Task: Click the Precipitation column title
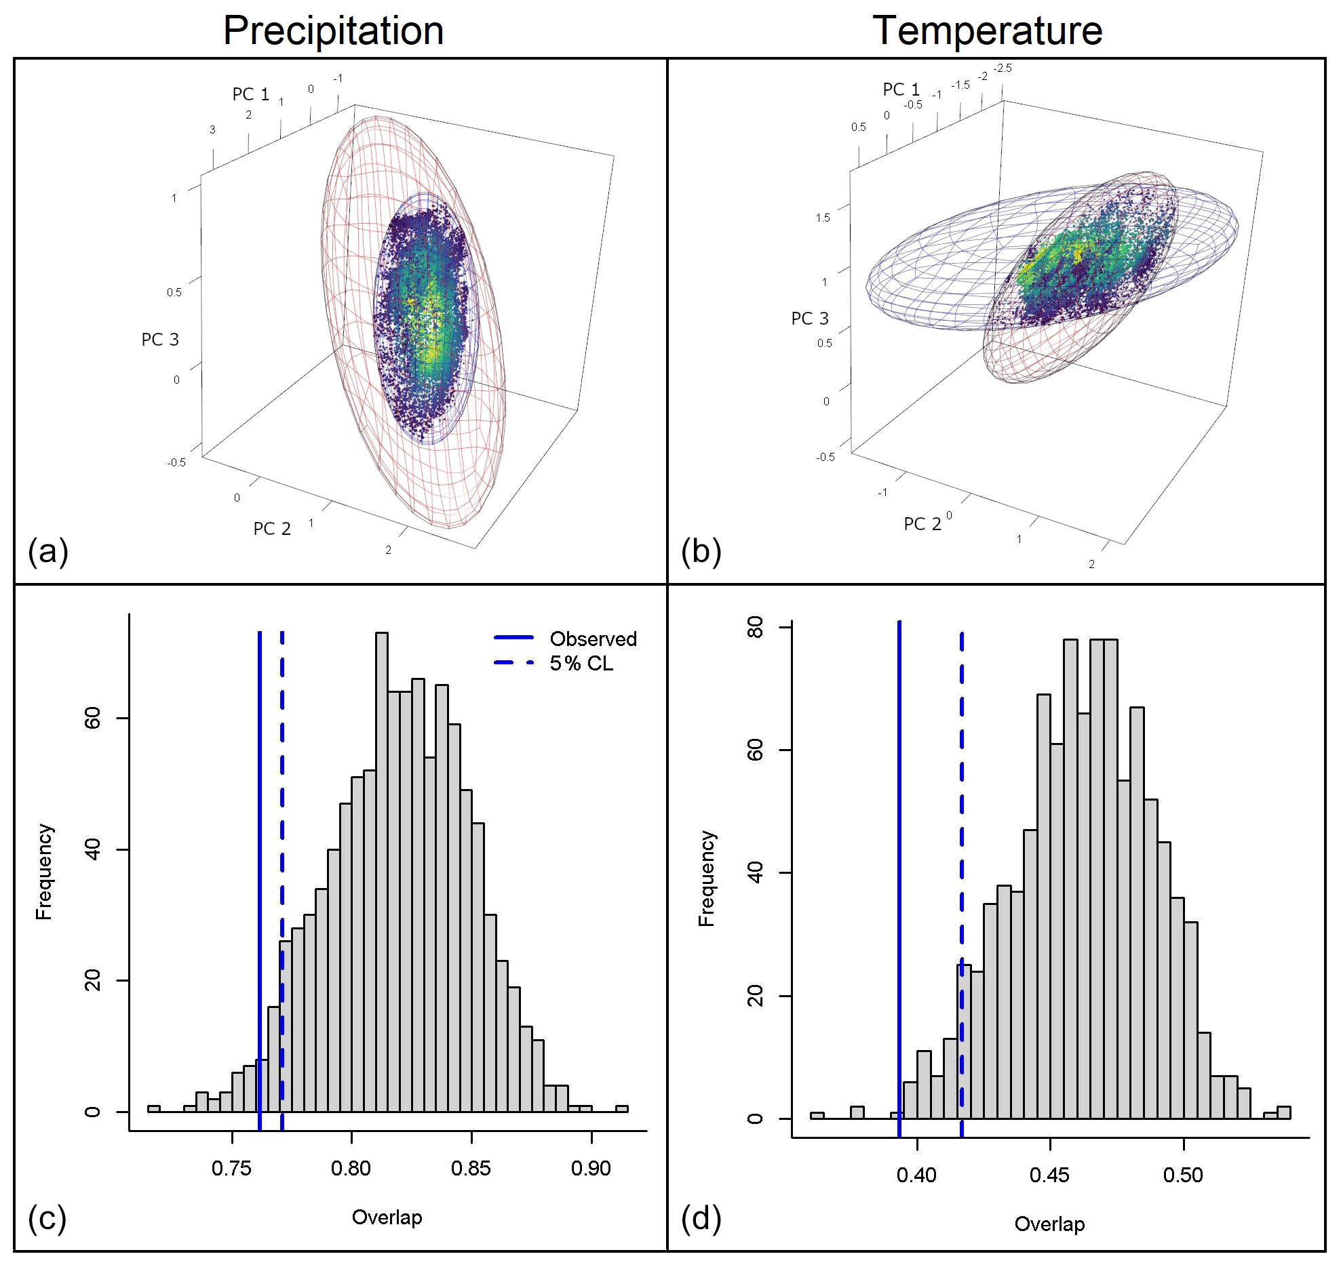(x=333, y=31)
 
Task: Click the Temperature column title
(x=987, y=31)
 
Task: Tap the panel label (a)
(x=47, y=551)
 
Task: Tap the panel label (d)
(x=701, y=1219)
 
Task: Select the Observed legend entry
(x=593, y=639)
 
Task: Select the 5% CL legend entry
(x=581, y=663)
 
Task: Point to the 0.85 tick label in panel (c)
(x=471, y=1168)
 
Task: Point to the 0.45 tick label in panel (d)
(x=1049, y=1175)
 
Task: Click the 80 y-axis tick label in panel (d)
(x=755, y=627)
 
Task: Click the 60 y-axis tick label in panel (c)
(x=92, y=718)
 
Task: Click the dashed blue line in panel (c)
(x=282, y=813)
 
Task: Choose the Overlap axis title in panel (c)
(x=387, y=1217)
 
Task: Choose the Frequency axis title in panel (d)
(x=707, y=879)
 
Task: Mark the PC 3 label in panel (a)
(x=160, y=340)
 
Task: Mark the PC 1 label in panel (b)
(x=901, y=89)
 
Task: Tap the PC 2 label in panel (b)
(x=922, y=524)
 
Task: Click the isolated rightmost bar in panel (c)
(x=621, y=1109)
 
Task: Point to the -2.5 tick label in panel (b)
(x=1003, y=68)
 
